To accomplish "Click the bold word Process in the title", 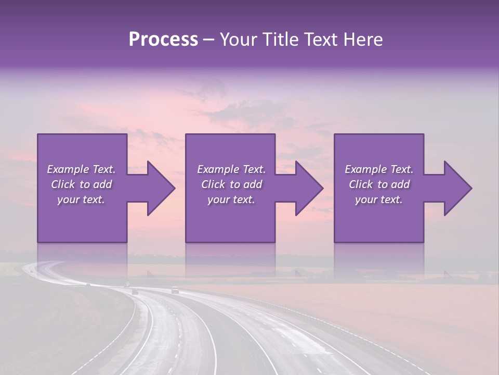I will (163, 40).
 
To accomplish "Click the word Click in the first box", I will (63, 184).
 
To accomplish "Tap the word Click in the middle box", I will (213, 184).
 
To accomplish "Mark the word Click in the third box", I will (361, 184).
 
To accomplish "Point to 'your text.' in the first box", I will (81, 199).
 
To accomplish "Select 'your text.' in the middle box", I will (231, 199).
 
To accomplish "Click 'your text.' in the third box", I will (379, 199).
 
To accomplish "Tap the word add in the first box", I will (103, 184).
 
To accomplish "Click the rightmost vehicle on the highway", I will (175, 291).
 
